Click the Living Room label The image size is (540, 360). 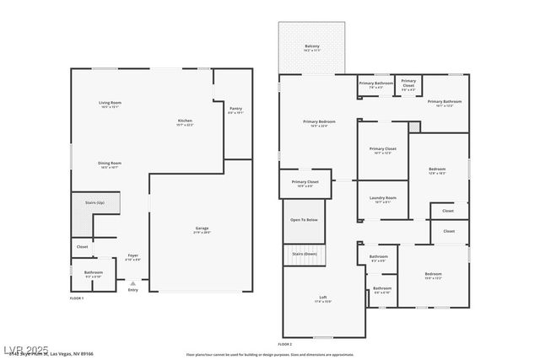pyautogui.click(x=110, y=103)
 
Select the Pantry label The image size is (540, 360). pyautogui.click(x=235, y=109)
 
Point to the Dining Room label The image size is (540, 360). pyautogui.click(x=110, y=164)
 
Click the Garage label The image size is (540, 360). pyautogui.click(x=202, y=228)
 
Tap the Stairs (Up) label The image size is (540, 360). pyautogui.click(x=94, y=202)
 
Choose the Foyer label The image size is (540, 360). pyautogui.click(x=133, y=255)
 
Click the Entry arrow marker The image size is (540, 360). pyautogui.click(x=132, y=283)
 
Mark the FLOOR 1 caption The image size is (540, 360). pyautogui.click(x=77, y=298)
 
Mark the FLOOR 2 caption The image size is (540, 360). pyautogui.click(x=285, y=344)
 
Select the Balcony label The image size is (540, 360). pyautogui.click(x=312, y=46)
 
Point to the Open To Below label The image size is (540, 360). pyautogui.click(x=304, y=220)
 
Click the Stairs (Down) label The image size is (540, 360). pyautogui.click(x=304, y=253)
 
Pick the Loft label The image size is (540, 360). pyautogui.click(x=323, y=298)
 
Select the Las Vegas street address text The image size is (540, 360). pyautogui.click(x=59, y=355)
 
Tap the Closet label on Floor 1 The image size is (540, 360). pyautogui.click(x=82, y=247)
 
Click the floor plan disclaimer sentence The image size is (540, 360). pyautogui.click(x=270, y=355)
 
